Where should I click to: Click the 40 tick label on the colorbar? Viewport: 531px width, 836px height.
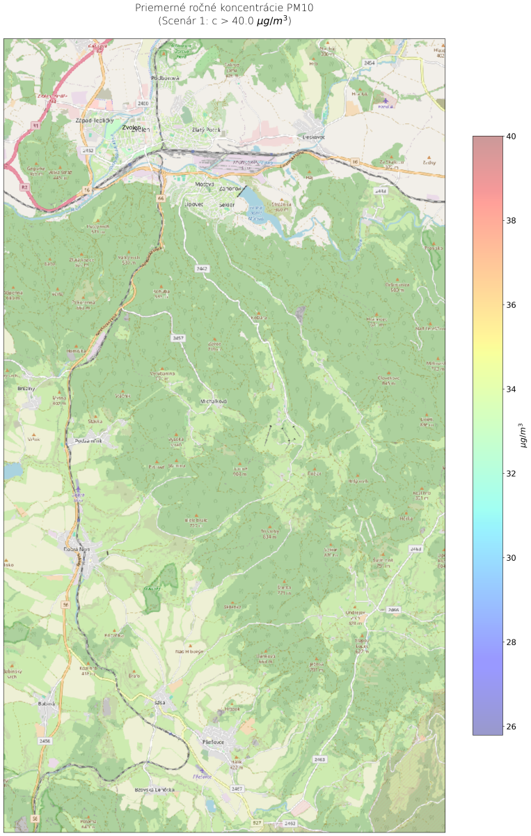coord(511,137)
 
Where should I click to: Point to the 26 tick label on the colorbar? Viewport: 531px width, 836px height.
coord(511,727)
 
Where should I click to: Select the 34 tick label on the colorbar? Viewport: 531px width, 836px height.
coord(511,389)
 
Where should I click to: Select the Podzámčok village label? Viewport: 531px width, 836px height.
coord(90,441)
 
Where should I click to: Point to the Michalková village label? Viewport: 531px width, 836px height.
coord(214,402)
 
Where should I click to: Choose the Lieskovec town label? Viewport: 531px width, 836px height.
coord(314,137)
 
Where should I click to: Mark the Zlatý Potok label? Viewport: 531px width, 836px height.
coord(205,130)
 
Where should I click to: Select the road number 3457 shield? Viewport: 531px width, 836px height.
coord(178,339)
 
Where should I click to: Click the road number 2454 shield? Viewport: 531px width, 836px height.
coord(369,63)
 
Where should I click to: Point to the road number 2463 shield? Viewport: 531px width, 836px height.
coord(319,758)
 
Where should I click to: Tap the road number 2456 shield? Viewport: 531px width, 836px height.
coord(45,741)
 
